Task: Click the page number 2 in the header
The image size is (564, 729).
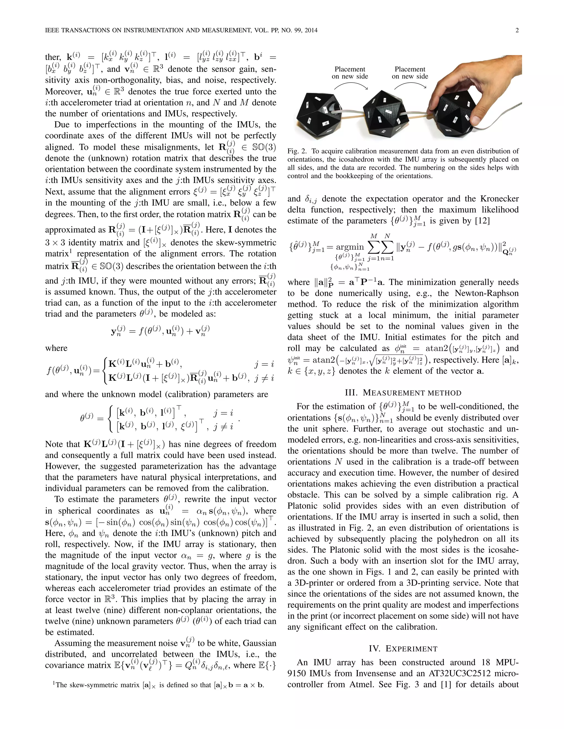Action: click(x=517, y=30)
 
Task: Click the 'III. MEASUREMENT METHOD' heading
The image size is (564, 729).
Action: click(x=403, y=393)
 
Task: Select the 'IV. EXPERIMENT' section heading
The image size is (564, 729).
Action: click(x=403, y=649)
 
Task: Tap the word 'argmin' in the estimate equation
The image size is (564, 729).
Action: click(x=349, y=247)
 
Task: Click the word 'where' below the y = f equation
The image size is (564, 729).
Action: click(x=56, y=348)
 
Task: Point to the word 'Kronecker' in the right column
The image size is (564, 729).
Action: click(x=500, y=199)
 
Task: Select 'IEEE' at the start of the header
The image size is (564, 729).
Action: click(x=53, y=30)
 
